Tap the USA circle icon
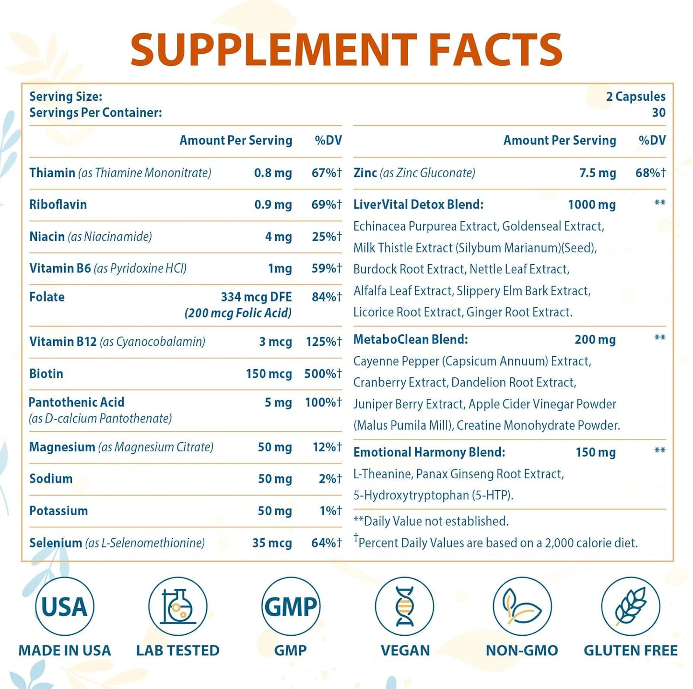point(64,606)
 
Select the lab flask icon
point(177,606)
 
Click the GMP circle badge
point(291,606)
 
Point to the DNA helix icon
point(404,606)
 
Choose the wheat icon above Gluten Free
point(631,606)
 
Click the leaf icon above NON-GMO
point(522,606)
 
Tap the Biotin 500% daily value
point(323,374)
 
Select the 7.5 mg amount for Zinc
point(598,173)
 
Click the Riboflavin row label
point(58,205)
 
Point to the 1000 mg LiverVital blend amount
point(592,205)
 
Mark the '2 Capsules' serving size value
point(635,97)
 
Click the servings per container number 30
point(658,113)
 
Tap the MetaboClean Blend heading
point(411,339)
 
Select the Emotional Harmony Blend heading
point(429,452)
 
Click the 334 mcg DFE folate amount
point(256,297)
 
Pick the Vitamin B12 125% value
point(324,342)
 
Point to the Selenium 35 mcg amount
point(272,543)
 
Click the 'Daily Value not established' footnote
point(431,521)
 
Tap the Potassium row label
point(59,511)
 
